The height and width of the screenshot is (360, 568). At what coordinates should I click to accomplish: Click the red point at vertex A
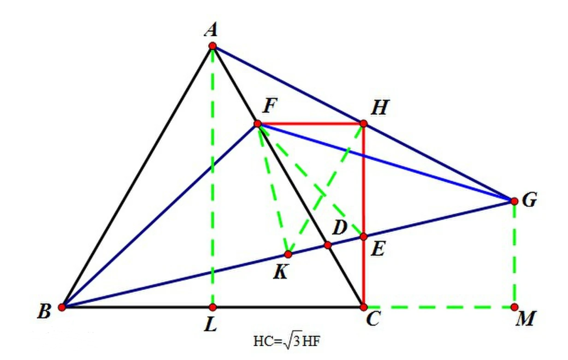point(212,46)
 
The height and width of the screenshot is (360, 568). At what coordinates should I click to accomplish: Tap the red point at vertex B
point(62,307)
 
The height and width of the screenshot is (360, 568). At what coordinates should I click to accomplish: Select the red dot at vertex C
point(363,307)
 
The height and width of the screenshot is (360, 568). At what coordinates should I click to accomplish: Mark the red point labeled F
point(258,124)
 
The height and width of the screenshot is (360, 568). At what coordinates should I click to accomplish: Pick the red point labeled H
point(363,124)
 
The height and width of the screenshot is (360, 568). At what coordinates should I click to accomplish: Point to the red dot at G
point(515,201)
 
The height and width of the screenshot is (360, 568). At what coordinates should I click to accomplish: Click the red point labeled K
point(288,254)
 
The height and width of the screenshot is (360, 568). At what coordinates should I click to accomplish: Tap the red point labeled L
point(213,307)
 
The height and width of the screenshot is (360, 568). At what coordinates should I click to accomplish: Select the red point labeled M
point(515,307)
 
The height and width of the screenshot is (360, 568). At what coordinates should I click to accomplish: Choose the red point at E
point(363,237)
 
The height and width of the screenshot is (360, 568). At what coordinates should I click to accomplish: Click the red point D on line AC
point(327,245)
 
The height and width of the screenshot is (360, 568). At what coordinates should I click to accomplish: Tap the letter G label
point(529,200)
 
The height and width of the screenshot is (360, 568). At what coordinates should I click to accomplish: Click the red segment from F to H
point(311,124)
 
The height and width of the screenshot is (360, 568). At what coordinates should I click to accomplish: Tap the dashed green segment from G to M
point(515,254)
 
